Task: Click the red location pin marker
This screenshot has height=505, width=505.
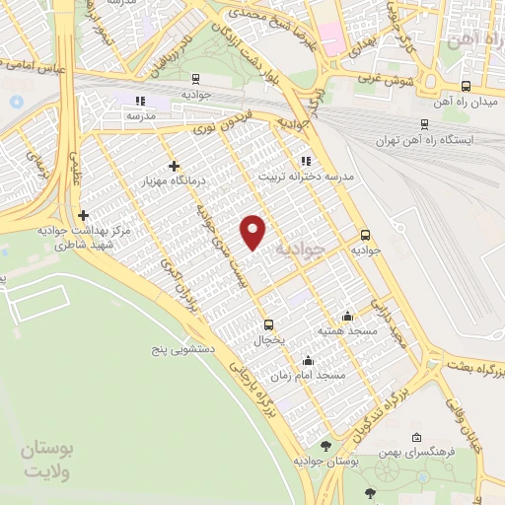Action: (x=254, y=231)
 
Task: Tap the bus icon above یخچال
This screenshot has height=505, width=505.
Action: (x=268, y=325)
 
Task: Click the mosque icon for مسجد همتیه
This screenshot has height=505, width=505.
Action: (x=347, y=317)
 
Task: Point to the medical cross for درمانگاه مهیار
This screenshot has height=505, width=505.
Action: (x=175, y=166)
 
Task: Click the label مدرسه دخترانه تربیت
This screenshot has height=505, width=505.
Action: (x=306, y=177)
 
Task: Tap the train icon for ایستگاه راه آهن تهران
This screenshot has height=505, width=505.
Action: (x=424, y=124)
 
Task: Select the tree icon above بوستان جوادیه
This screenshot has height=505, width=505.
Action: (x=326, y=446)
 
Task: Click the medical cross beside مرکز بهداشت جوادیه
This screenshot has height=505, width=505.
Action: (x=83, y=215)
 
